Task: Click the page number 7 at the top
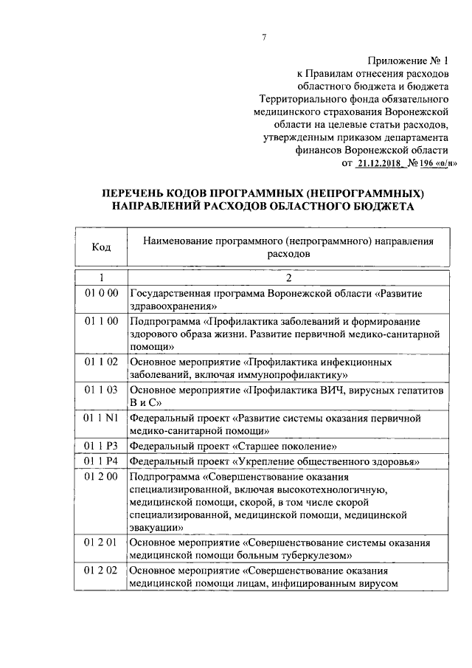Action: [263, 38]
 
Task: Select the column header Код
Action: [101, 247]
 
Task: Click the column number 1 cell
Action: [101, 278]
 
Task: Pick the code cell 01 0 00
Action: [101, 293]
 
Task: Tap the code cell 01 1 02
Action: [101, 362]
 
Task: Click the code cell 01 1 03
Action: [101, 389]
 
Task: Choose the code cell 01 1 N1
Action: [101, 418]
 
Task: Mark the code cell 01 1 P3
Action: [101, 446]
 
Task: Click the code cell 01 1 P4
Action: [101, 461]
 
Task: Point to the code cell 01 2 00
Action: [101, 476]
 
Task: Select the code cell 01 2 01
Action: [101, 543]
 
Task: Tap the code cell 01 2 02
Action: [101, 571]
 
